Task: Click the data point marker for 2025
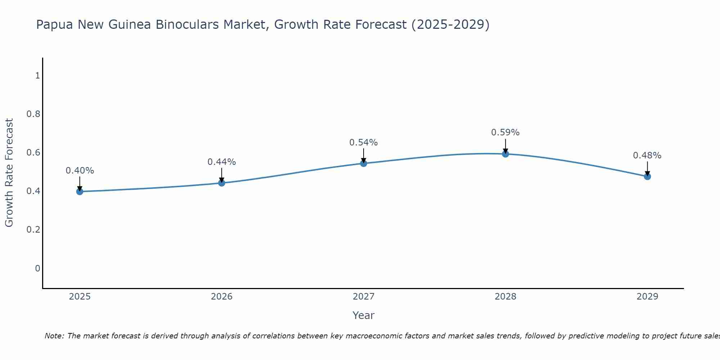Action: [80, 192]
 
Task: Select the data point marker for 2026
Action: [222, 183]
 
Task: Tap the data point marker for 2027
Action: [364, 163]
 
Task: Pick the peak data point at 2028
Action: [505, 154]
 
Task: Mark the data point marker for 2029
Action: [647, 176]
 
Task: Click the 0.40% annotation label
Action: [80, 171]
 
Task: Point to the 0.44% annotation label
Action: [222, 162]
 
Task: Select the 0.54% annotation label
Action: [364, 143]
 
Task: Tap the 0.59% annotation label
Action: [505, 132]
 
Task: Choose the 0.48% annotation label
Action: [647, 156]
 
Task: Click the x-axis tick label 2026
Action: [222, 297]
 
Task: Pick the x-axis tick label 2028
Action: [505, 297]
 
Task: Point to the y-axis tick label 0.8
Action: [33, 114]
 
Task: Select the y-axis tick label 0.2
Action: [33, 230]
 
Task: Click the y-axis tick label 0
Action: [37, 268]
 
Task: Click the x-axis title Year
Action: [364, 315]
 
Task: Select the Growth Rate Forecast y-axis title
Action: [9, 173]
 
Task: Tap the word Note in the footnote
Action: [54, 336]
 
